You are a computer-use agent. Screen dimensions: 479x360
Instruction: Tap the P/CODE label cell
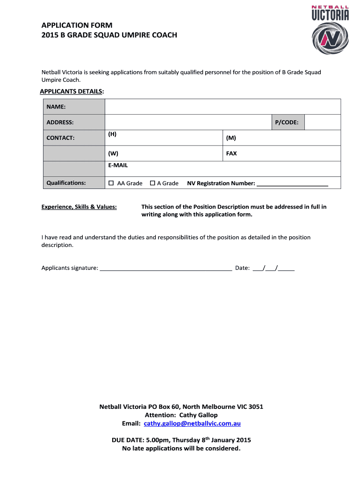click(288, 122)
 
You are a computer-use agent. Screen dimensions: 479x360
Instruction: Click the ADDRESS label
click(60, 122)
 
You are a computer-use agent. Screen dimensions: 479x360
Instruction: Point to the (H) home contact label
click(112, 134)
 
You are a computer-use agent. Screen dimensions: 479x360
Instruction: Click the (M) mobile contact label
click(231, 138)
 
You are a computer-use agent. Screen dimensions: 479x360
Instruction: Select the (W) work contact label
click(113, 153)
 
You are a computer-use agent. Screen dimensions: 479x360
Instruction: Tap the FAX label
click(231, 153)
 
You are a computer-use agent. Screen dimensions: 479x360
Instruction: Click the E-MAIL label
click(118, 166)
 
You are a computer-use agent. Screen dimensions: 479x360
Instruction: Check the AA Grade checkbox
click(111, 183)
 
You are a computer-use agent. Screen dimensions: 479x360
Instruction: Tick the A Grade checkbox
click(152, 183)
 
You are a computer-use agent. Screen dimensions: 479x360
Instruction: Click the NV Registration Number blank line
click(293, 184)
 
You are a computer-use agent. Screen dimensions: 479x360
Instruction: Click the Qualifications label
click(66, 183)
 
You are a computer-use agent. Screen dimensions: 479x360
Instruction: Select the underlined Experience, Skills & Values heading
click(79, 207)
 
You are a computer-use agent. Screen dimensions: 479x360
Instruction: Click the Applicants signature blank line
click(166, 269)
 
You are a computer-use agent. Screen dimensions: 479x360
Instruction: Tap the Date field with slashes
click(274, 269)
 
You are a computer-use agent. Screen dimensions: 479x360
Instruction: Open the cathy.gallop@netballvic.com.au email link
click(192, 423)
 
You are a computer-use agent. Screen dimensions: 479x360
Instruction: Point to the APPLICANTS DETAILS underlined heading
click(72, 91)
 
